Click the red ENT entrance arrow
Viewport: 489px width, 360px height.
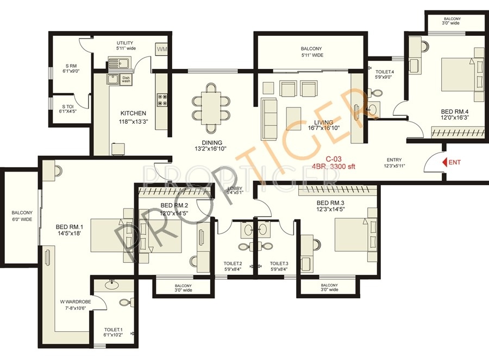(x=443, y=162)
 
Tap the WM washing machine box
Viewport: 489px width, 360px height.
(x=162, y=49)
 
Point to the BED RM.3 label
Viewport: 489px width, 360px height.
(x=330, y=203)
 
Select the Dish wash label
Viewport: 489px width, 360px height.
(x=126, y=79)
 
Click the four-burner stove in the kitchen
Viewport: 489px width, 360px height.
(x=161, y=99)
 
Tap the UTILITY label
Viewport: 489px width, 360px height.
(x=125, y=43)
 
